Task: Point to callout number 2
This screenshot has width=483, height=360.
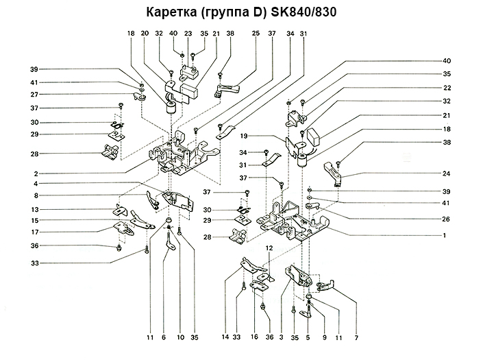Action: pos(34,173)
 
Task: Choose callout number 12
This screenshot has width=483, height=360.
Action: pos(269,247)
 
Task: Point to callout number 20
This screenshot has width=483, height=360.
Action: pos(145,34)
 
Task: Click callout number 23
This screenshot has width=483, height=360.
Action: pos(188,34)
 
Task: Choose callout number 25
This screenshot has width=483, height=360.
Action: pos(255,34)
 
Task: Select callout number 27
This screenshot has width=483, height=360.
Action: pos(34,95)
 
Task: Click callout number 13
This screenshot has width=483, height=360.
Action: pos(34,209)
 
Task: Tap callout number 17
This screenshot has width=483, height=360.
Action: pos(34,232)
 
